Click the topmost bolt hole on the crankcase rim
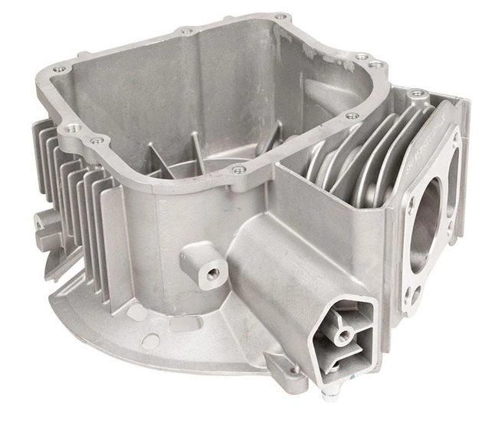point(280,17)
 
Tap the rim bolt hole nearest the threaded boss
point(239,169)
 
